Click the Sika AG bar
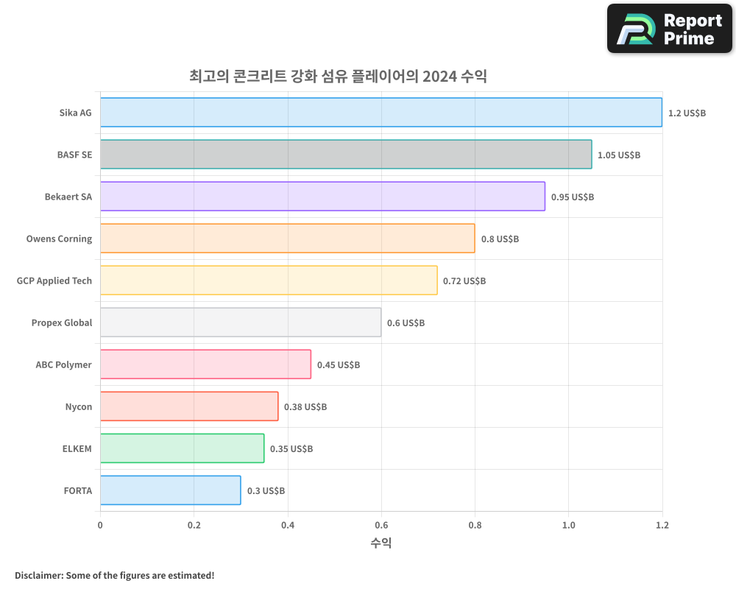[x=381, y=113]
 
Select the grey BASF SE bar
[x=346, y=155]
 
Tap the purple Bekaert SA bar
[x=322, y=197]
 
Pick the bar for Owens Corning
[x=287, y=239]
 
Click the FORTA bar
[x=170, y=490]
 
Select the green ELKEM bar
[x=182, y=448]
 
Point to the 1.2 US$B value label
[x=687, y=113]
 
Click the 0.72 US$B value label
[x=464, y=281]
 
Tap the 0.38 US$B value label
[x=305, y=407]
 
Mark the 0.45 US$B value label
[x=339, y=365]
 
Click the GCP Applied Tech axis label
[x=54, y=281]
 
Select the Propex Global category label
[x=62, y=323]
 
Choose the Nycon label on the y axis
[x=79, y=407]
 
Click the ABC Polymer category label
[x=64, y=365]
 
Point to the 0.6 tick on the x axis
[x=381, y=526]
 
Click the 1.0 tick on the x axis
[x=568, y=526]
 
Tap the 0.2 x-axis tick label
[x=194, y=526]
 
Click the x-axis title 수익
[x=381, y=543]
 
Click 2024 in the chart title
[x=439, y=77]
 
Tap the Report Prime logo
[x=670, y=29]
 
